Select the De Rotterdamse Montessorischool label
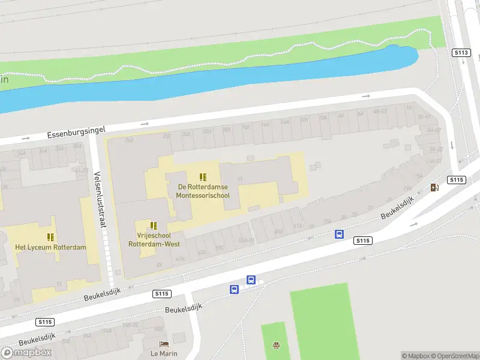point(203,191)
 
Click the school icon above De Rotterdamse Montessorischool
point(203,177)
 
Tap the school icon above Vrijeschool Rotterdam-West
point(154,226)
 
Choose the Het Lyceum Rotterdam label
point(51,247)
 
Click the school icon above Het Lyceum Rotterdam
point(51,236)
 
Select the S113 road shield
point(460,53)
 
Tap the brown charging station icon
point(434,188)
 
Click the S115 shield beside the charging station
point(457,180)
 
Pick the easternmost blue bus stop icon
point(339,235)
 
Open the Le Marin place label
point(163,353)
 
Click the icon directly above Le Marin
point(163,344)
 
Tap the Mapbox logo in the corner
point(26,352)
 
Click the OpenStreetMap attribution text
point(455,356)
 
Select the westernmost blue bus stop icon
point(234,289)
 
